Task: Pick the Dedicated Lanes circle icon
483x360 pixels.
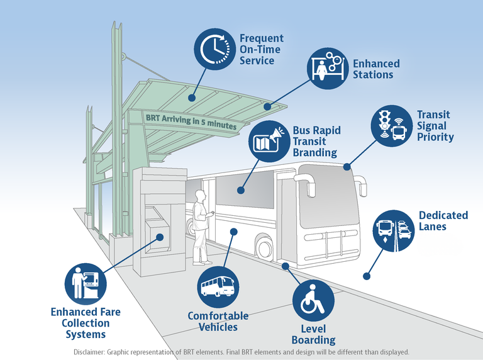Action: [393, 230]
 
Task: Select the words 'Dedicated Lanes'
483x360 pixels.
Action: [443, 221]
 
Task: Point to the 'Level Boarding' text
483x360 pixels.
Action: [313, 334]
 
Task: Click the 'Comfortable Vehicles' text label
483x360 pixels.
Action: [218, 321]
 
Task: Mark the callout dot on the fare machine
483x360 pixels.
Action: [160, 237]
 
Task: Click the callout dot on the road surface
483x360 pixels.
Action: [367, 276]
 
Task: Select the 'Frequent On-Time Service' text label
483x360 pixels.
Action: [261, 49]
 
